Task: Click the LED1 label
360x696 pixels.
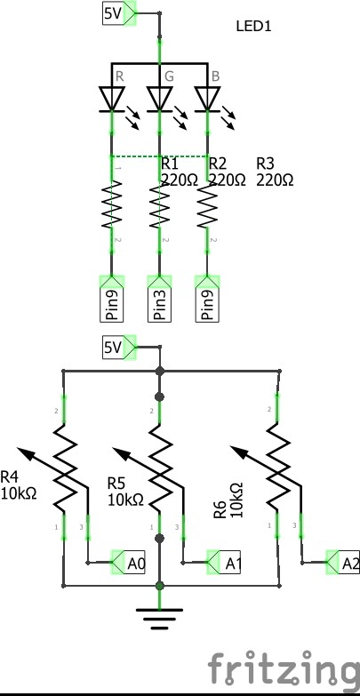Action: point(253,26)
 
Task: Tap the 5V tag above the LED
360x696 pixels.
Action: point(119,13)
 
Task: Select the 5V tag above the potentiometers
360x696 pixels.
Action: point(119,348)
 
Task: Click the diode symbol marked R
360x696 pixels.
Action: point(111,99)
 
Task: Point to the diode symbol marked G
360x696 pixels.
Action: point(159,99)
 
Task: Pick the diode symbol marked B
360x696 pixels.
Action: point(207,99)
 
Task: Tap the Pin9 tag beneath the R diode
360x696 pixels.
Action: point(111,299)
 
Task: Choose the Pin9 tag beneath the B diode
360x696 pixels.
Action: point(207,299)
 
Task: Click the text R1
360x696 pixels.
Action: point(170,164)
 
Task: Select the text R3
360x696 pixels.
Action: point(266,164)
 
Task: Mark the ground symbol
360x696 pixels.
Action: point(159,619)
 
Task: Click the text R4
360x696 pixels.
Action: point(9,477)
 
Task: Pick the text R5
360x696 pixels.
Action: point(116,483)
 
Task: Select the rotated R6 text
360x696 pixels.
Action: point(220,509)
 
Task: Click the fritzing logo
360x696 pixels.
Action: point(284,668)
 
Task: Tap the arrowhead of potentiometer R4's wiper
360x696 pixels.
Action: point(23,452)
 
